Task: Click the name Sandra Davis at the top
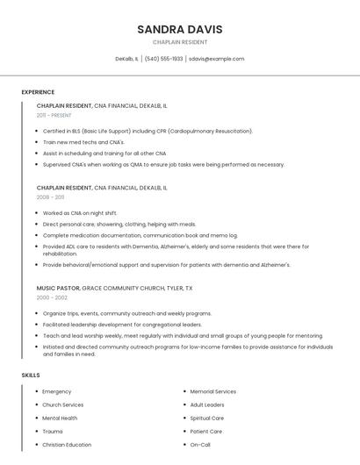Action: (180, 29)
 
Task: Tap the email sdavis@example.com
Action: (216, 59)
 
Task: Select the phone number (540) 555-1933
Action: (163, 59)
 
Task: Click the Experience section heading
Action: (38, 92)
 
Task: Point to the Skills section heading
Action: (31, 376)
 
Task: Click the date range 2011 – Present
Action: (54, 115)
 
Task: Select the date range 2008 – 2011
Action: (54, 197)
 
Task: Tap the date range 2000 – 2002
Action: (55, 297)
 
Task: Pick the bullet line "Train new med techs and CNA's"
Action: (83, 142)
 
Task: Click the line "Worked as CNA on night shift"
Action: (80, 213)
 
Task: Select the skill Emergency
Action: (57, 391)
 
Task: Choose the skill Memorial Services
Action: (213, 391)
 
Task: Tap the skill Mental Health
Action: (60, 418)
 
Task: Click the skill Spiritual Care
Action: (207, 418)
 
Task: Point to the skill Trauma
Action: (53, 432)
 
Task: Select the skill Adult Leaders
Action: (207, 404)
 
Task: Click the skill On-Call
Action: (200, 445)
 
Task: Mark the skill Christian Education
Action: (67, 445)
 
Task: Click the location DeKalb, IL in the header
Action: (126, 59)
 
